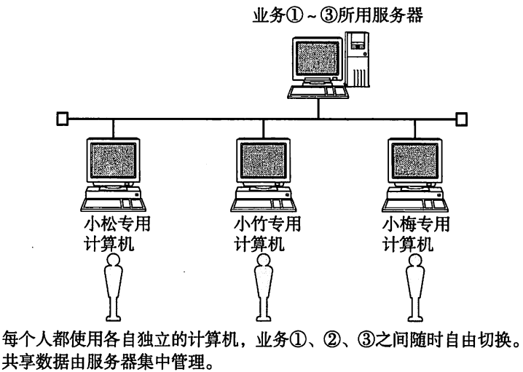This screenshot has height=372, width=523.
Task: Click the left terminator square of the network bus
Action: [x=62, y=117]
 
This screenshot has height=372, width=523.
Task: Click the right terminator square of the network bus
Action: [x=460, y=117]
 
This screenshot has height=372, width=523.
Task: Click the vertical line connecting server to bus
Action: [x=318, y=107]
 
